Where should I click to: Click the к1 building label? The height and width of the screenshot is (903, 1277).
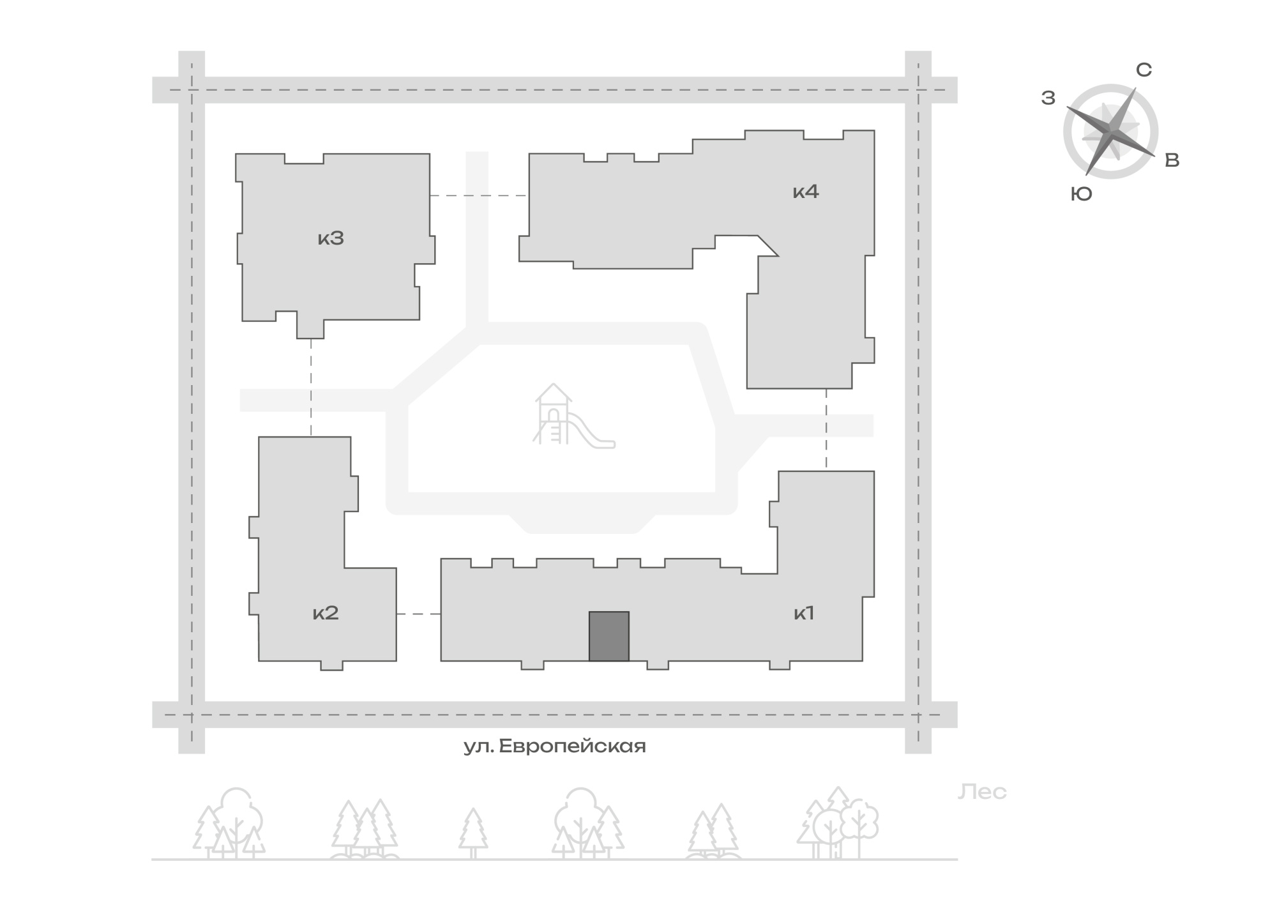click(803, 614)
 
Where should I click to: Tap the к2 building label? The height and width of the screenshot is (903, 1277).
click(325, 614)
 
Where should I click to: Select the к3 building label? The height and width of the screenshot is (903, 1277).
click(331, 239)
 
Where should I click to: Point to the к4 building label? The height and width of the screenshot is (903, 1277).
click(806, 192)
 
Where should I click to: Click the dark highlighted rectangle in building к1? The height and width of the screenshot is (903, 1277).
click(609, 636)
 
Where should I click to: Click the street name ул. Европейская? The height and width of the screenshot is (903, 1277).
click(555, 746)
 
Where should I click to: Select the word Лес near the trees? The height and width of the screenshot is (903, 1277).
click(982, 793)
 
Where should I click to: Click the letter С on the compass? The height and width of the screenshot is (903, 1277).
click(1144, 70)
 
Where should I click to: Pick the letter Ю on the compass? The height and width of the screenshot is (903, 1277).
click(1082, 195)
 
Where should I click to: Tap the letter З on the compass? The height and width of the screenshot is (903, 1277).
click(1048, 98)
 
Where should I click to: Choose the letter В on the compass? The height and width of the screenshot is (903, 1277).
click(1172, 161)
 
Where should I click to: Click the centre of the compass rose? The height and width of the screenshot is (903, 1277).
click(1111, 131)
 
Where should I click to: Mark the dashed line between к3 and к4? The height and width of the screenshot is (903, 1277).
click(479, 195)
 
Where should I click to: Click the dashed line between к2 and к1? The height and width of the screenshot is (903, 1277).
click(419, 614)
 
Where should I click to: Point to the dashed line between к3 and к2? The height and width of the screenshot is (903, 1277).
click(311, 387)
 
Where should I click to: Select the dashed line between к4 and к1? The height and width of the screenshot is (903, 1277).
click(826, 430)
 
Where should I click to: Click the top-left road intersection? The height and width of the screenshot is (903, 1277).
click(192, 90)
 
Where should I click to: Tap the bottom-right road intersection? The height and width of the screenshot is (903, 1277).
click(918, 715)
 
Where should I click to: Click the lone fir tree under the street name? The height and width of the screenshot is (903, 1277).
click(473, 833)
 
